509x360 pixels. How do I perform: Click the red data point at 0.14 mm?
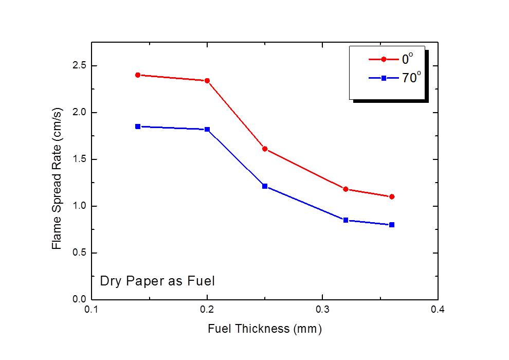coord(138,75)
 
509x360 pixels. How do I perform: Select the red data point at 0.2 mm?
coord(207,81)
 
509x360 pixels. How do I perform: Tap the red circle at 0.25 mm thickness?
coord(265,149)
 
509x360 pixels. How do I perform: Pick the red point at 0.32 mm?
coord(346,189)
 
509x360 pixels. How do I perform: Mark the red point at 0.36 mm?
coord(392,196)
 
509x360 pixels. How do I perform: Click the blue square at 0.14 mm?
coord(138,127)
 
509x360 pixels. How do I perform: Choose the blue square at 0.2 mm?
coord(207,130)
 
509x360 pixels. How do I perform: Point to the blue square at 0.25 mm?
coord(265,186)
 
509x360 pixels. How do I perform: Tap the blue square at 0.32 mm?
coord(346,220)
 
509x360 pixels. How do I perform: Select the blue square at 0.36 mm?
coord(392,225)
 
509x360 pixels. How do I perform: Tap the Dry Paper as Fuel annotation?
coord(157,281)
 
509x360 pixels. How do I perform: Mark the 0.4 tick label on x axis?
coord(438,310)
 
